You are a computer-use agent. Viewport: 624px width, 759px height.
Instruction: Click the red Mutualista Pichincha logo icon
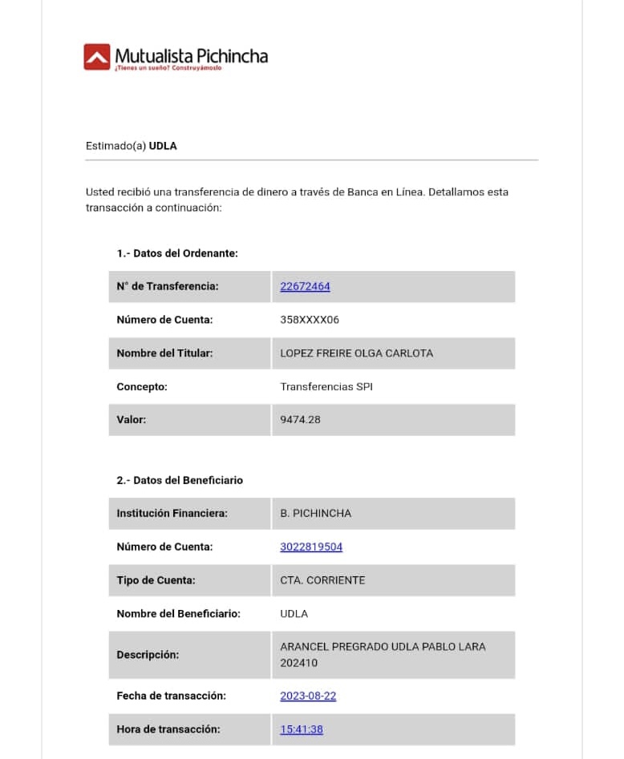click(x=96, y=56)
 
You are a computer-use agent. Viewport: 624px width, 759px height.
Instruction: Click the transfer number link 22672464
click(x=305, y=286)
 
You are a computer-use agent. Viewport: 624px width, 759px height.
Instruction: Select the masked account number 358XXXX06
click(x=310, y=320)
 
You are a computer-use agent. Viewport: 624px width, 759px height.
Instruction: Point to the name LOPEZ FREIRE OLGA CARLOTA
click(x=356, y=353)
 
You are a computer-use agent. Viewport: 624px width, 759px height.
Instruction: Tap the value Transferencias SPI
click(x=326, y=386)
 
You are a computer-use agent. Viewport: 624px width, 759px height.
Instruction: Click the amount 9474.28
click(x=300, y=419)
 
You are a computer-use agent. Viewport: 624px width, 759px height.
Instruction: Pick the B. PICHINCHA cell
click(x=315, y=513)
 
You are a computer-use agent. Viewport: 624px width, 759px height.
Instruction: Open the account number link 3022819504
click(x=311, y=547)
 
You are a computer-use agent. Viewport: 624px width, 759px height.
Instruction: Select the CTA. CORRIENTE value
click(x=322, y=580)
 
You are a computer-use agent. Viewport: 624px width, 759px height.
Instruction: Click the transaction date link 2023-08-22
click(x=308, y=696)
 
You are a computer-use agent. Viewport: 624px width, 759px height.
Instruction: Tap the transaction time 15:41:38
click(x=302, y=729)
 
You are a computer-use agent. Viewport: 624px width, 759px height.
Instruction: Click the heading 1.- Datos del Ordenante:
click(x=177, y=253)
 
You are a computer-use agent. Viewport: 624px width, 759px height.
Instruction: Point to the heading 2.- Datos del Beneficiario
click(x=180, y=480)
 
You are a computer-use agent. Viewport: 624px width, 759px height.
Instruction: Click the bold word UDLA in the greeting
click(x=163, y=146)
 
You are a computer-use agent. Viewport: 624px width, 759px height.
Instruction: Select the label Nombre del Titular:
click(x=164, y=353)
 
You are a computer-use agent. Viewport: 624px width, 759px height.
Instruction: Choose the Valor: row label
click(x=132, y=419)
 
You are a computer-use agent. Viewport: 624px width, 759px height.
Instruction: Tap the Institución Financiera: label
click(x=172, y=513)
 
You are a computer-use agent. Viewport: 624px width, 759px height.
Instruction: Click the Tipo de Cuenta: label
click(x=156, y=580)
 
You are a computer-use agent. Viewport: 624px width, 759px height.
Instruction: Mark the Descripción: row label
click(x=148, y=655)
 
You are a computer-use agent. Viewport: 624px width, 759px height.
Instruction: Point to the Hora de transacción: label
click(x=168, y=729)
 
